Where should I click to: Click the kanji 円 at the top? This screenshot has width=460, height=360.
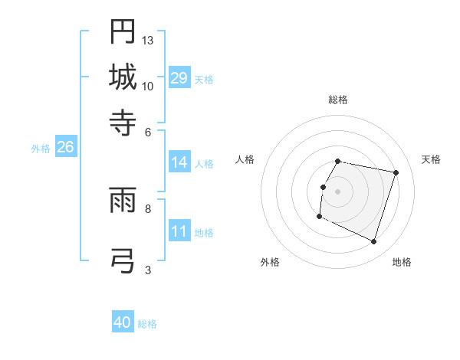pos(123,31)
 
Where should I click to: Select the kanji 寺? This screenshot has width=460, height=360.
pos(123,122)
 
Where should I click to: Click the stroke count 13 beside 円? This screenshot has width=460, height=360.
pos(148,40)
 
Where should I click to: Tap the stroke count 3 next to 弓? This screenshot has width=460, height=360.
pos(148,269)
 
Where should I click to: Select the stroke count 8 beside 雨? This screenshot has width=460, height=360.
pos(148,208)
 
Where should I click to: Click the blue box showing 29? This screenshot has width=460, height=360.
pos(179,78)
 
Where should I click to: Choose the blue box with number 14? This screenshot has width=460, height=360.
pos(179,162)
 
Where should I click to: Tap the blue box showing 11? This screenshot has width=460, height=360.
pos(179,231)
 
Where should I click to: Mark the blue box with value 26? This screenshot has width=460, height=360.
pos(65,148)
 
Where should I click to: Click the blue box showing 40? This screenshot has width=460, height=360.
pos(123,322)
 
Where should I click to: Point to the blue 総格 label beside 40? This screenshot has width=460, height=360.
pos(147,324)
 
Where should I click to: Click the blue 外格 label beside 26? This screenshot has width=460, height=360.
pos(41,149)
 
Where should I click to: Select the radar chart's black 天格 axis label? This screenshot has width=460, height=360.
pos(431,159)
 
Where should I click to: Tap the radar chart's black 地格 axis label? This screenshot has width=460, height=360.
pos(402,262)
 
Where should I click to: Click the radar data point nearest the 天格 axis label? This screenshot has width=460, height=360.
pos(396,173)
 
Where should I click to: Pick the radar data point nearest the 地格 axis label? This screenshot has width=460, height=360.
pos(373,242)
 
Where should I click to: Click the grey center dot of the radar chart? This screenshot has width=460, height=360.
pos(338,191)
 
